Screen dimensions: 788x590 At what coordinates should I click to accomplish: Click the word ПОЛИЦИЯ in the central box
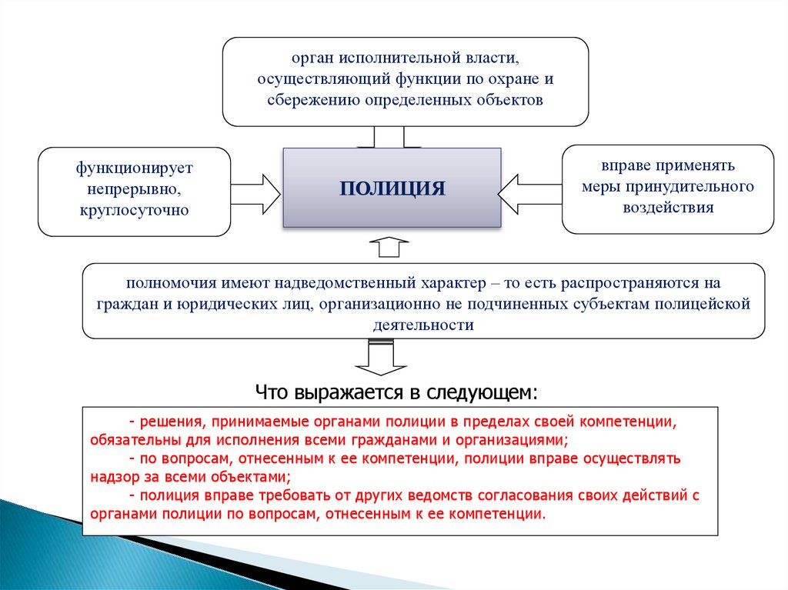point(392,188)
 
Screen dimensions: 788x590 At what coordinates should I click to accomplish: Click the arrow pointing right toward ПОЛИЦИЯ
point(256,193)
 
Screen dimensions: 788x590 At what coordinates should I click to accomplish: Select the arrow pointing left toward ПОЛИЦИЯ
point(529,193)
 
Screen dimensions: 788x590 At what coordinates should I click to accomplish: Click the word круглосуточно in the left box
point(133,209)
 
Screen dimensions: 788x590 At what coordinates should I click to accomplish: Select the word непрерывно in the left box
point(134,187)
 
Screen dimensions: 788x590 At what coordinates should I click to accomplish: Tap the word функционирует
point(134,166)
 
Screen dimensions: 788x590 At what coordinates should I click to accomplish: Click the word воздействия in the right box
point(669,207)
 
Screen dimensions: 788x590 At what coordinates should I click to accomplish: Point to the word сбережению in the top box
point(306,100)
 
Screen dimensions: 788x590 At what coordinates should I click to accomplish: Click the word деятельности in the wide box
point(423,325)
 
